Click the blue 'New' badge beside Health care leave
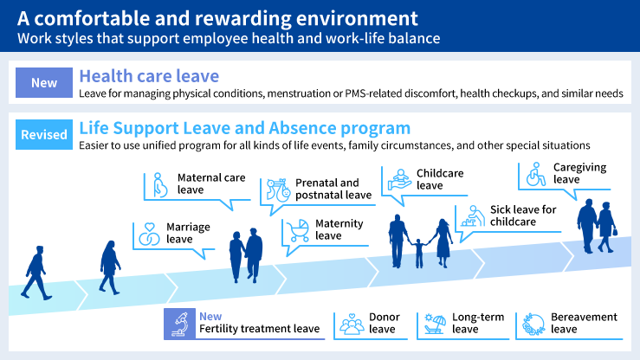pyautogui.click(x=43, y=83)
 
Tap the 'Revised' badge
pyautogui.click(x=43, y=135)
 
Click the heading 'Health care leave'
pyautogui.click(x=148, y=74)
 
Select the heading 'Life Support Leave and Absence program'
pyautogui.click(x=244, y=128)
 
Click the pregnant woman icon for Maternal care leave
pyautogui.click(x=160, y=184)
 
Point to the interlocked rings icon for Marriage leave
pyautogui.click(x=149, y=234)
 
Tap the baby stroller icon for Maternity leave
pyautogui.click(x=299, y=230)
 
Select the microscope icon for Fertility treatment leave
pyautogui.click(x=181, y=323)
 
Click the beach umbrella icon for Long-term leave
pyautogui.click(x=434, y=324)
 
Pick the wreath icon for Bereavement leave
pyautogui.click(x=533, y=324)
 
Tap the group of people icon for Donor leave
pyautogui.click(x=352, y=324)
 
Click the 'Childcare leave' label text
pyautogui.click(x=440, y=179)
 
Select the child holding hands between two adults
pyautogui.click(x=419, y=252)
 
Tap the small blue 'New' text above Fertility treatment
pyautogui.click(x=210, y=316)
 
